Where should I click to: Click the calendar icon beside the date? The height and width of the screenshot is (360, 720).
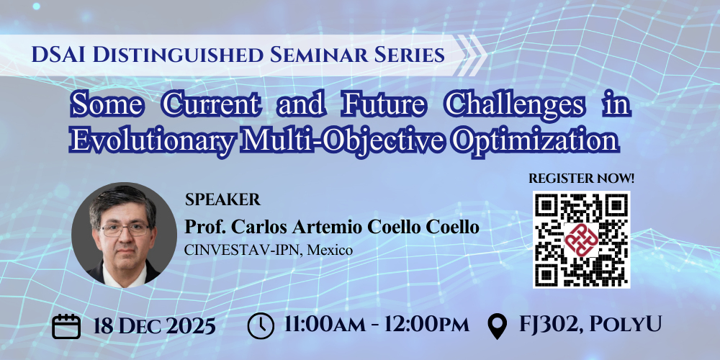tap(66, 326)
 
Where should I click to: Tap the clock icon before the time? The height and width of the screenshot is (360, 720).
tap(261, 325)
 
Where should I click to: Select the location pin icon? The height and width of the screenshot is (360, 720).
tap(497, 326)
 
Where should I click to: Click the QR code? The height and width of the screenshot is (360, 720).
tap(581, 240)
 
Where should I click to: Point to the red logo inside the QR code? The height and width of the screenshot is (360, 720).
tap(581, 239)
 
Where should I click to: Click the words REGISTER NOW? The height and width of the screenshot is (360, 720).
tap(581, 179)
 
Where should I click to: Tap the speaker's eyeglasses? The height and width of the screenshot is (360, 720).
tap(125, 229)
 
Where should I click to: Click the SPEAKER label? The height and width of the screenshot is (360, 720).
tap(222, 199)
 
